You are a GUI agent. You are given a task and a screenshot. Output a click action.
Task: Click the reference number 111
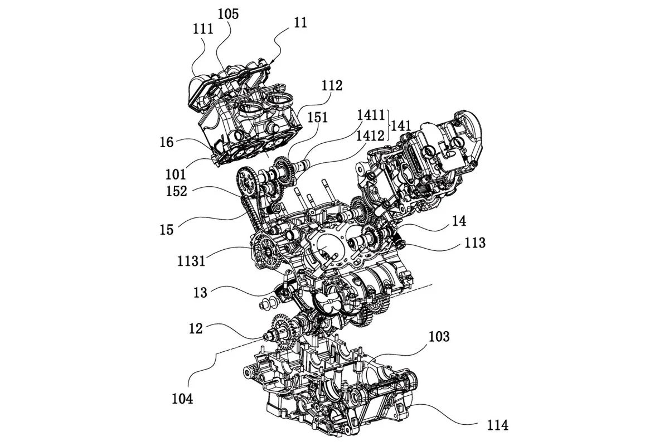coord(203,30)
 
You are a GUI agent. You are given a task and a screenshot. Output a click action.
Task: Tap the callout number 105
coord(228,14)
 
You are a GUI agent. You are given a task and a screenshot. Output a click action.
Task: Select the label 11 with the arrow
coord(300,23)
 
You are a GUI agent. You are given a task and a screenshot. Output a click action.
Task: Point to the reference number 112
coord(332,86)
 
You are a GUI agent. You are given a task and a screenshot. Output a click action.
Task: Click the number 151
coord(318,118)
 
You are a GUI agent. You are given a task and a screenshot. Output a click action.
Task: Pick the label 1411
coord(371,115)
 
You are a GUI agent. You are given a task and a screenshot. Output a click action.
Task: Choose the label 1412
coord(370,136)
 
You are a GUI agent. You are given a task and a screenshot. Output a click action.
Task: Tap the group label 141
coord(401,126)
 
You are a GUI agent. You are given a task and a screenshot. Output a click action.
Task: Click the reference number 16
coord(166,143)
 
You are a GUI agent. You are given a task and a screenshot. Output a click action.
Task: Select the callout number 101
coord(176,174)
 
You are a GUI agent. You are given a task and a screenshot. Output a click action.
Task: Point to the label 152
coord(177,191)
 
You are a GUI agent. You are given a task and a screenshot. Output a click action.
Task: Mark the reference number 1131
coord(191,261)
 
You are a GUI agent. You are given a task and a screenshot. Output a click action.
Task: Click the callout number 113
coord(475,243)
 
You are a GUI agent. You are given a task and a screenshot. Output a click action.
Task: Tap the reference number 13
coord(200,293)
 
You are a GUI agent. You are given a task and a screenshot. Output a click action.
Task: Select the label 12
coord(196,328)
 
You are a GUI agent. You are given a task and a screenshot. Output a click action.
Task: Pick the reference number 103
coord(439,337)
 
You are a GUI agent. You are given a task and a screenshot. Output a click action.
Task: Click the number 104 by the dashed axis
coord(182,399)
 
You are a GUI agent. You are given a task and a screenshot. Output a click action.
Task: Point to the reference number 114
coord(497,425)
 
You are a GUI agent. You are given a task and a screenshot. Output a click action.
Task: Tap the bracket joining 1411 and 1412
coord(389,125)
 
